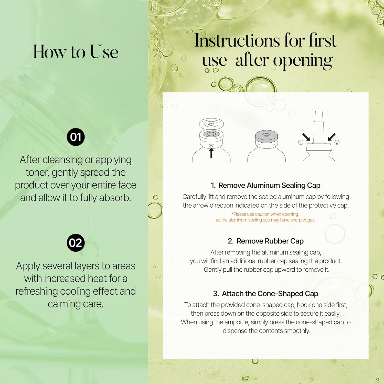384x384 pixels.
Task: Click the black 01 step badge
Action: [x=76, y=137]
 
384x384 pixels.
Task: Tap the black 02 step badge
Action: [x=76, y=243]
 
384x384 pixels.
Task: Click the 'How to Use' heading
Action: [x=76, y=52]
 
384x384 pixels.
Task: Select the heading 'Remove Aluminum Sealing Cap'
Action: [x=269, y=185]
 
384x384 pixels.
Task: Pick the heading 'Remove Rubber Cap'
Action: [x=270, y=241]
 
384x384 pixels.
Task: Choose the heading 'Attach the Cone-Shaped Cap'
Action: [x=270, y=294]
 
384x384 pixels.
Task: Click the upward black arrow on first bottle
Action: [x=211, y=153]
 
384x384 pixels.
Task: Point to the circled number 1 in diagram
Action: [x=301, y=142]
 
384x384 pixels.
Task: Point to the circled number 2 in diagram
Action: [x=337, y=142]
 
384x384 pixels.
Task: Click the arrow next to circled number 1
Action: [x=306, y=137]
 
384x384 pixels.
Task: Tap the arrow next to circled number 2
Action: [x=332, y=137]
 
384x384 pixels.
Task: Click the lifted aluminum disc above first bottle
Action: [x=211, y=124]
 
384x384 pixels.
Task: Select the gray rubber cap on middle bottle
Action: [x=266, y=136]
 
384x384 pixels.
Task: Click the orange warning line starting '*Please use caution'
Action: [x=265, y=214]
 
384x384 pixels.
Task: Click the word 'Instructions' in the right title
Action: [x=237, y=40]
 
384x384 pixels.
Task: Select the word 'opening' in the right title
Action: [x=303, y=61]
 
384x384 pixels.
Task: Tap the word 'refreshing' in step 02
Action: [x=37, y=291]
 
